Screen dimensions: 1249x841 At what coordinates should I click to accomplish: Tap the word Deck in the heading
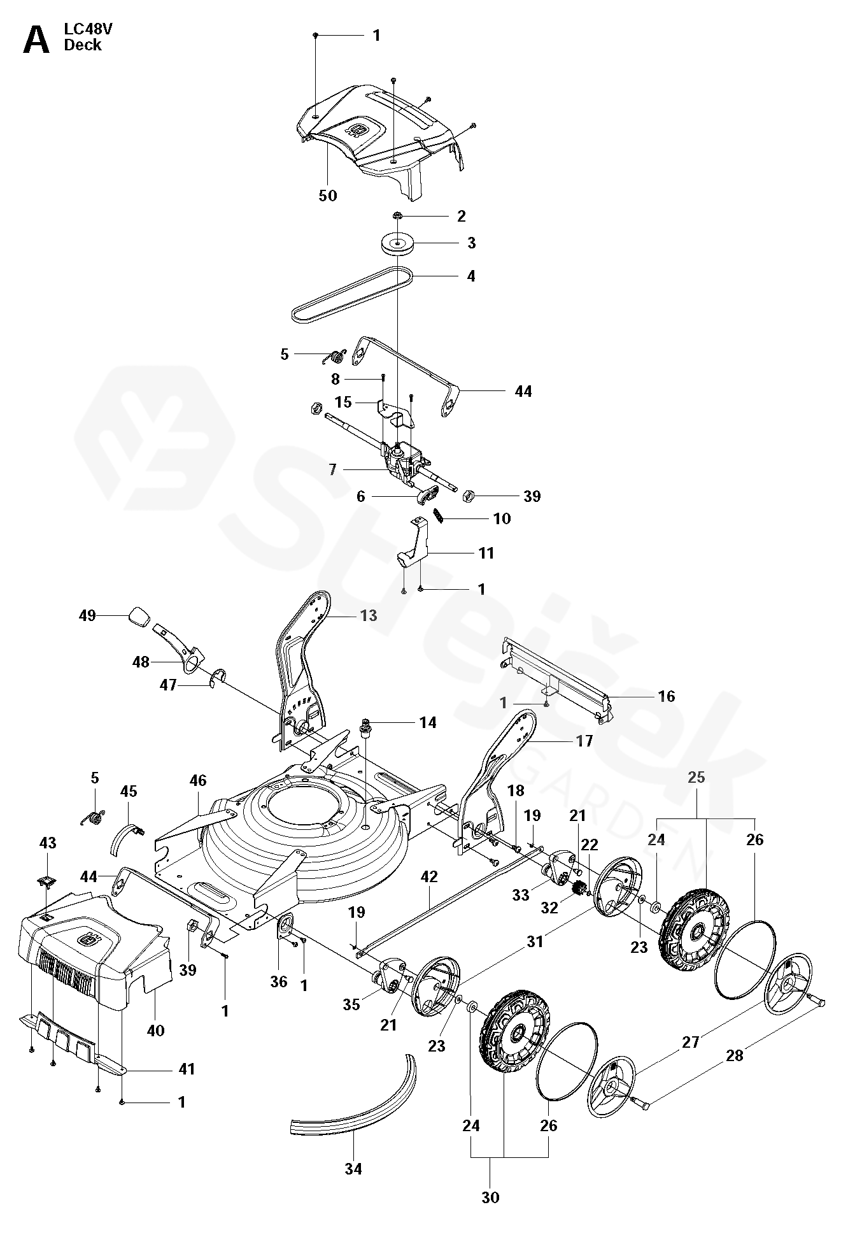82,45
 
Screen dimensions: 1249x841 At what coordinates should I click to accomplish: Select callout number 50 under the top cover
328,196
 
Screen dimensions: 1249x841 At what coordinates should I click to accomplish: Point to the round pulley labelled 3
397,245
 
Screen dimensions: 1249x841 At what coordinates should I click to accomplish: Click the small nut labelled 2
397,217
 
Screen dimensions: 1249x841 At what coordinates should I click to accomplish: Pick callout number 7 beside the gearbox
332,470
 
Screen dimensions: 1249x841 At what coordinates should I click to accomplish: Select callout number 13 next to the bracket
369,615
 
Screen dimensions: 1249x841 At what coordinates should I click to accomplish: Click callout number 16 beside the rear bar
666,696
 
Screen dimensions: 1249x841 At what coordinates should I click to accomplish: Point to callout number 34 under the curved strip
353,1169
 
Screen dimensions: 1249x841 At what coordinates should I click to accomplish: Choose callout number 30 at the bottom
490,1197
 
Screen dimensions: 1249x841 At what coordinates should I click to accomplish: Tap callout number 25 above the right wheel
696,777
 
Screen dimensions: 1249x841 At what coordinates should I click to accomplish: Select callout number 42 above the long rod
429,877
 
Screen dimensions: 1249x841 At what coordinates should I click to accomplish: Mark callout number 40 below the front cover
155,1030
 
